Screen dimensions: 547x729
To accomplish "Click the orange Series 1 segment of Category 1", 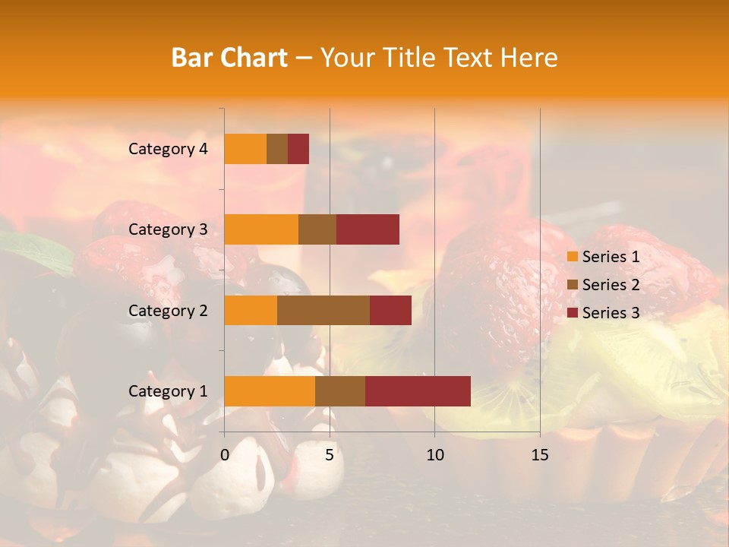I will pos(270,390).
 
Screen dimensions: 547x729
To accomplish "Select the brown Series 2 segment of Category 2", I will pos(323,310).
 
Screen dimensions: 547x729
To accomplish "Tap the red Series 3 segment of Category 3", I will pos(368,229).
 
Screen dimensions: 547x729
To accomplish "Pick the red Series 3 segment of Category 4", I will pos(298,149).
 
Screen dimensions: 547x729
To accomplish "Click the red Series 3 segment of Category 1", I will pos(418,390).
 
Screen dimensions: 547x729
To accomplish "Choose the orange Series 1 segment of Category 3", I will pos(261,229).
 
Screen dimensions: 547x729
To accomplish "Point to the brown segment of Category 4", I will pos(277,149).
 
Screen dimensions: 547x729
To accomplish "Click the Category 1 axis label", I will pos(168,391).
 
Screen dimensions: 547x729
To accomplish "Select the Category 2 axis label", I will pos(168,311).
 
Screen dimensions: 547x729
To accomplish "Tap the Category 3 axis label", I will pos(168,229).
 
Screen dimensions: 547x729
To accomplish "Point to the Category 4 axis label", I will pos(168,149).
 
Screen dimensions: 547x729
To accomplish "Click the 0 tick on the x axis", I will pos(225,455).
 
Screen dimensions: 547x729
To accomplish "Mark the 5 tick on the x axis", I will pos(330,455).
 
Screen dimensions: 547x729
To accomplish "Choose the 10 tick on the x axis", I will pos(434,455).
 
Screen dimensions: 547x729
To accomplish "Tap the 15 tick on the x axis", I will pos(539,455).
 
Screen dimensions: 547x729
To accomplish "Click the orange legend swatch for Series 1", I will pos(572,257).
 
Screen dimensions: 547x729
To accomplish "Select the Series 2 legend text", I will pos(611,285).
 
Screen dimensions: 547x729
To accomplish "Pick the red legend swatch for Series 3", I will pos(572,313).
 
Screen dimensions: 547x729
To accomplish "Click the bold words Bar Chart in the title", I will pos(229,58).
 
